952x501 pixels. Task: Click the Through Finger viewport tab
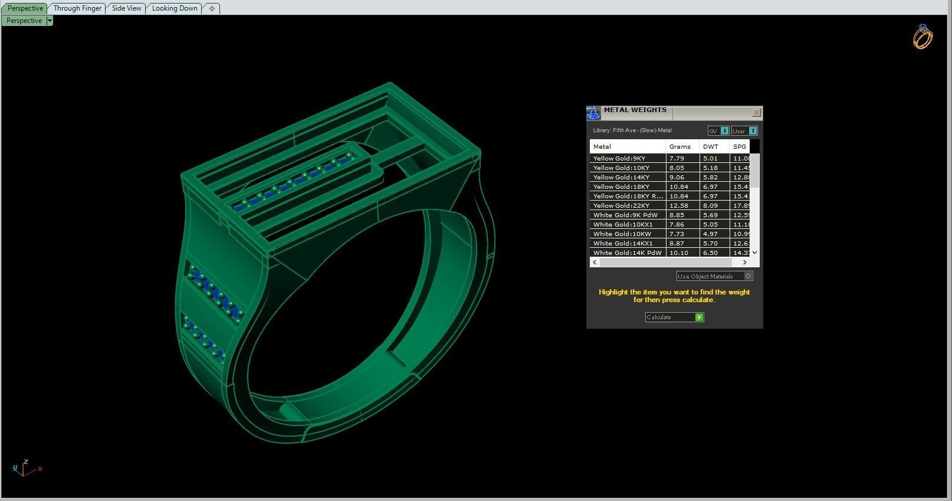pyautogui.click(x=77, y=8)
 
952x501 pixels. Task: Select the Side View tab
pyautogui.click(x=126, y=8)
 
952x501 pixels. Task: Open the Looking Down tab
pyautogui.click(x=175, y=8)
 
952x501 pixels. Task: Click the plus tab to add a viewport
pyautogui.click(x=212, y=8)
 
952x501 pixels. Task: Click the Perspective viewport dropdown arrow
pyautogui.click(x=50, y=21)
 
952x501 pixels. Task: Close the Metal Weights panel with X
pyautogui.click(x=756, y=112)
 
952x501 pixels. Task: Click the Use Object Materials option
pyautogui.click(x=714, y=276)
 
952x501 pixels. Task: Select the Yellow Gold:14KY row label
pyautogui.click(x=621, y=177)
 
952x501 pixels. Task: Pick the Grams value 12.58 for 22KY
pyautogui.click(x=678, y=205)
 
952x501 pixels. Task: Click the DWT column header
pyautogui.click(x=711, y=146)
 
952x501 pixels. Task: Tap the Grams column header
pyautogui.click(x=679, y=146)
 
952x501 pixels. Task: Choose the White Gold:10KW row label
pyautogui.click(x=622, y=234)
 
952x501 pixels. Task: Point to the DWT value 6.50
pyautogui.click(x=710, y=253)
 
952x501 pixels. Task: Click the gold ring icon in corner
pyautogui.click(x=923, y=37)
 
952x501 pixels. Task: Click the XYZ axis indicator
pyautogui.click(x=24, y=469)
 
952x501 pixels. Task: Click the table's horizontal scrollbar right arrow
pyautogui.click(x=745, y=262)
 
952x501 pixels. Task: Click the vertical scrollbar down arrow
pyautogui.click(x=755, y=253)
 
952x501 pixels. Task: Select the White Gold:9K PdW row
pyautogui.click(x=625, y=215)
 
